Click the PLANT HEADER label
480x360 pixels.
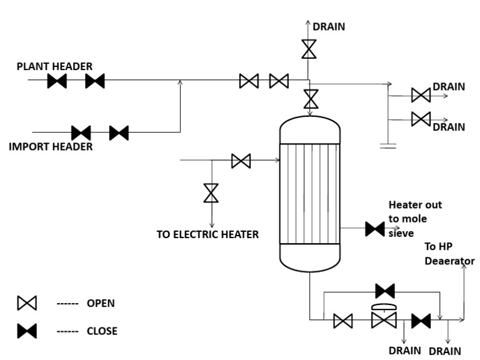click(54, 66)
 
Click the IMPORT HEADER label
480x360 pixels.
click(51, 147)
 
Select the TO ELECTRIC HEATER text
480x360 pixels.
click(207, 235)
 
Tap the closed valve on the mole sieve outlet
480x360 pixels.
click(374, 229)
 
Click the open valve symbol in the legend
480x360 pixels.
click(27, 303)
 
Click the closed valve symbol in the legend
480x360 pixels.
click(27, 331)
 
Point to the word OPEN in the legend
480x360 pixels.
click(101, 303)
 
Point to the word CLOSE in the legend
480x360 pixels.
click(102, 331)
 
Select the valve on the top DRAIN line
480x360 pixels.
click(308, 49)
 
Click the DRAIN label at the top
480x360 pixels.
click(329, 26)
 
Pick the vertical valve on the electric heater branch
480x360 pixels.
click(211, 192)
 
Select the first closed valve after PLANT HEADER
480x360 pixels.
click(57, 81)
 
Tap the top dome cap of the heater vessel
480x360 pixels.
click(310, 128)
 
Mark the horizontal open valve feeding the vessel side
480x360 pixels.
click(241, 161)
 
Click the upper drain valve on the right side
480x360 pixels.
click(421, 95)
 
